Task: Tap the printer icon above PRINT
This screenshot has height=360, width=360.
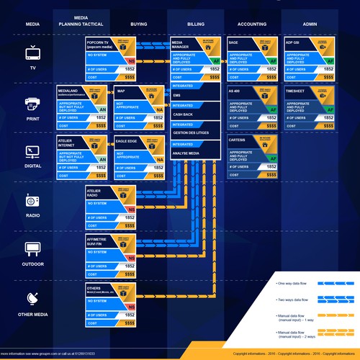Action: click(33, 102)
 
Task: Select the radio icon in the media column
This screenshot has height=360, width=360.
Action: click(33, 199)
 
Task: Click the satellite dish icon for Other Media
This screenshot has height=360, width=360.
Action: click(33, 299)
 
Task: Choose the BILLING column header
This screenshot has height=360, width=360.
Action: click(195, 24)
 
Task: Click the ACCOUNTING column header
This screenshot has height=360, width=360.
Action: click(252, 24)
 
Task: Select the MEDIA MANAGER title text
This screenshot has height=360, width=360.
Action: click(181, 45)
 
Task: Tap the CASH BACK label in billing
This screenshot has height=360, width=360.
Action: click(182, 114)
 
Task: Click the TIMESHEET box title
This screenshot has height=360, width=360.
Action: click(297, 91)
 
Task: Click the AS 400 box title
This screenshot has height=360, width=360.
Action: click(235, 91)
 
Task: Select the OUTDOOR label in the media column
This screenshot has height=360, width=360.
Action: click(33, 264)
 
